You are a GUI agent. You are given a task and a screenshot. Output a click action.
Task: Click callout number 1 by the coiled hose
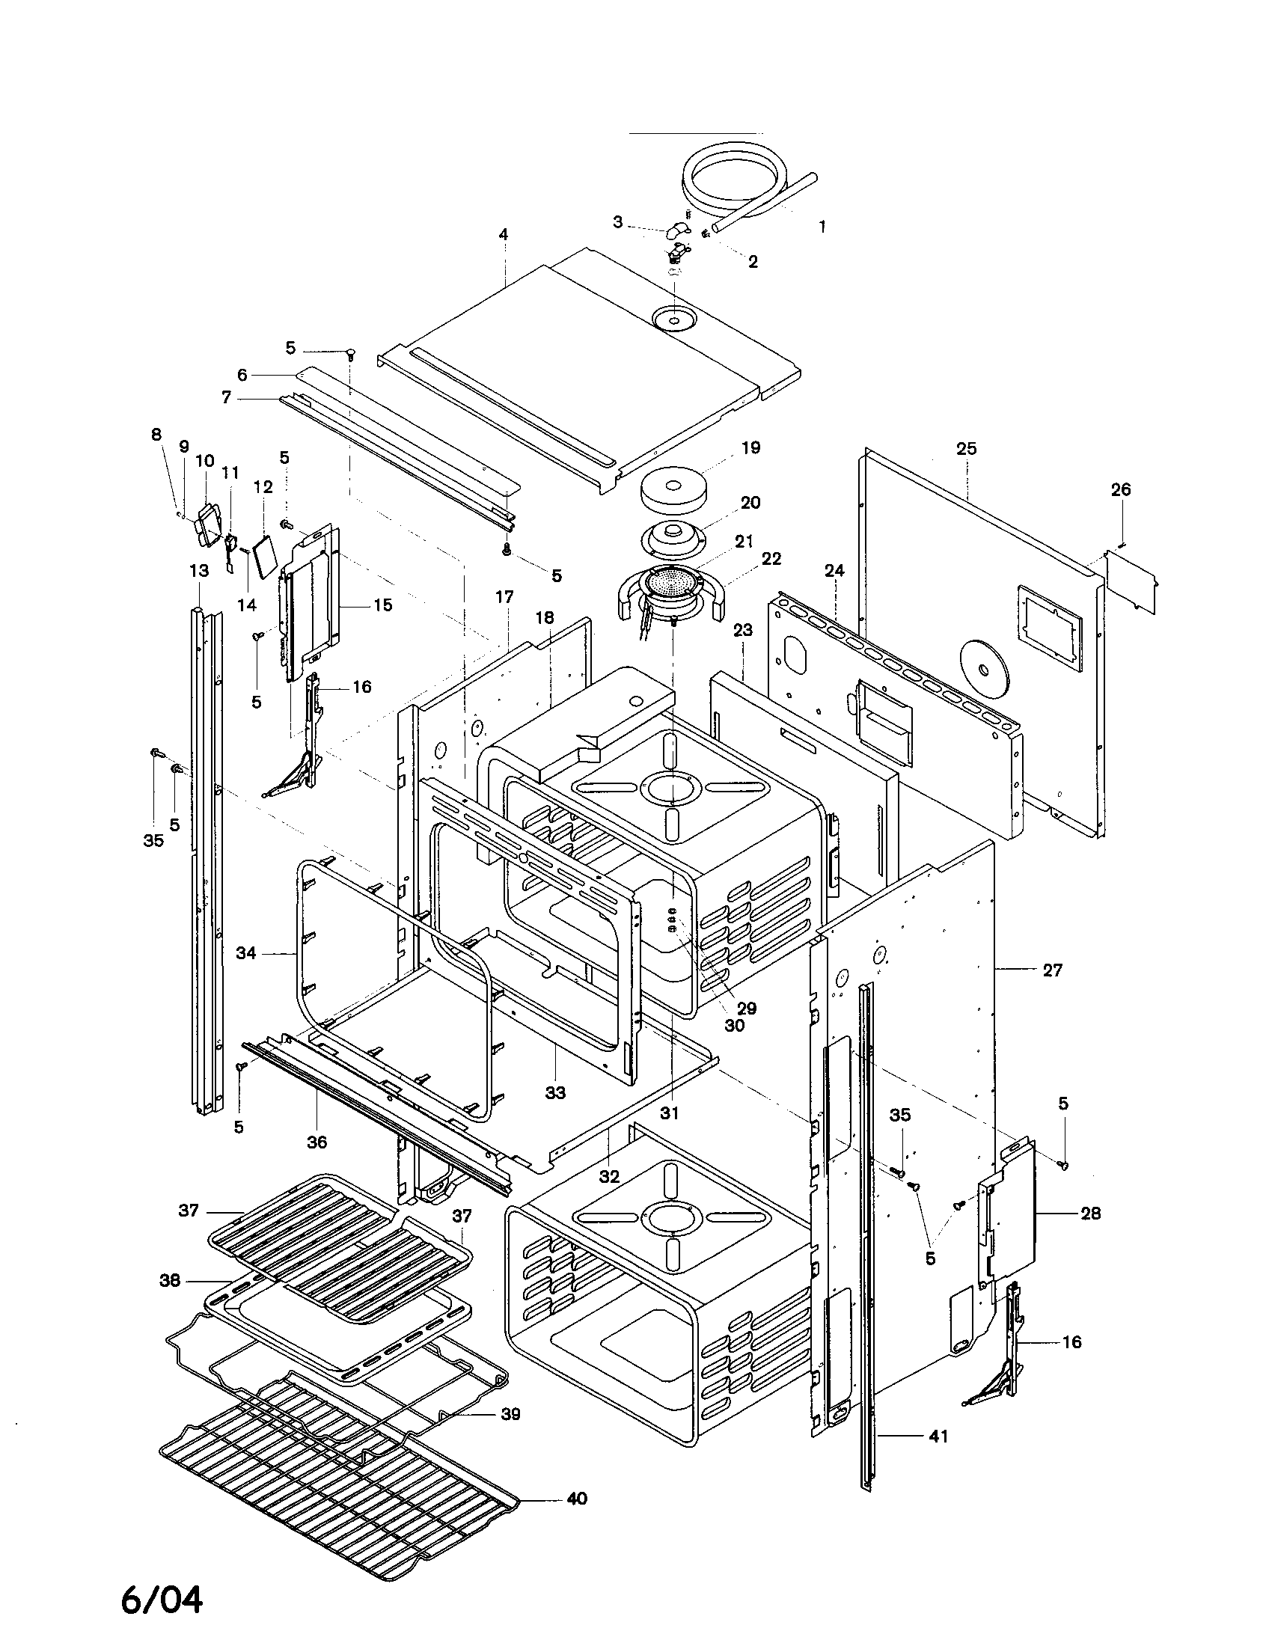[822, 225]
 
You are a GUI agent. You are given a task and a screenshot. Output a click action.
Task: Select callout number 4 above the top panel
[504, 234]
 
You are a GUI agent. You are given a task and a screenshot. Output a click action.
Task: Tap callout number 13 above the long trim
[198, 571]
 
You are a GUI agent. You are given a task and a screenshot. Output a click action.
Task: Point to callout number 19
[750, 447]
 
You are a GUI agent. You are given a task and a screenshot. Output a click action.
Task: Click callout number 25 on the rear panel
[966, 448]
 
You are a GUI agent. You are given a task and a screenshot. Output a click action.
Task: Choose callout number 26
[1121, 489]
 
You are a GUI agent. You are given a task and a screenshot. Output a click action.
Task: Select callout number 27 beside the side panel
[1052, 970]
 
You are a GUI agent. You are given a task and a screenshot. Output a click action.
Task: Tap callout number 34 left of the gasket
[245, 952]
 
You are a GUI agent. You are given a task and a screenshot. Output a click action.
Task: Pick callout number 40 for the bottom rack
[576, 1499]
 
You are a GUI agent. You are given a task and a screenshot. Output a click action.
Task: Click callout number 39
[511, 1414]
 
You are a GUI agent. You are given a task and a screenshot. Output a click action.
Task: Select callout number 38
[170, 1279]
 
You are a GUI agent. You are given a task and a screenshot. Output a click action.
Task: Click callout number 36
[317, 1142]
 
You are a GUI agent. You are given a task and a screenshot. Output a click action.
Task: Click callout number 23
[743, 629]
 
